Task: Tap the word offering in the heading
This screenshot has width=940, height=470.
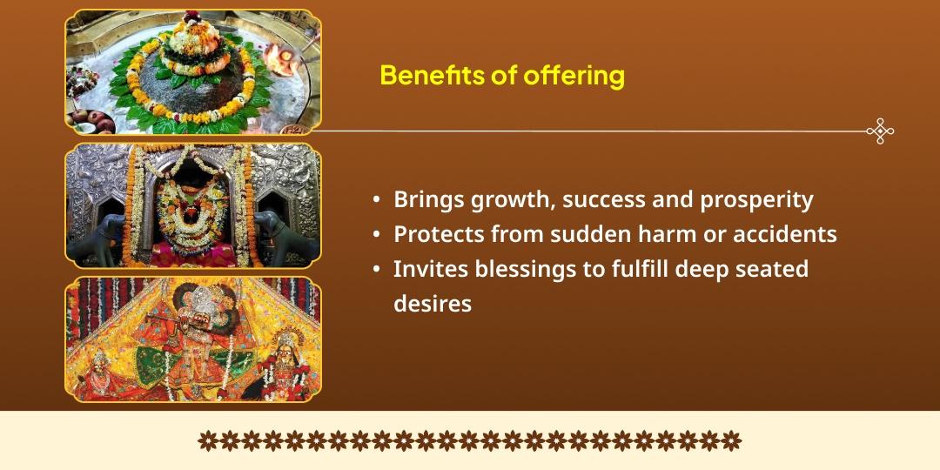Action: (574, 76)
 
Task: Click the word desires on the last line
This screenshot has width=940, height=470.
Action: (433, 304)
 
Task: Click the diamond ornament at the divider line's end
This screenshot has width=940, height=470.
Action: (880, 131)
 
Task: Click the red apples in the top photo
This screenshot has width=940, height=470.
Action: (86, 116)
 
